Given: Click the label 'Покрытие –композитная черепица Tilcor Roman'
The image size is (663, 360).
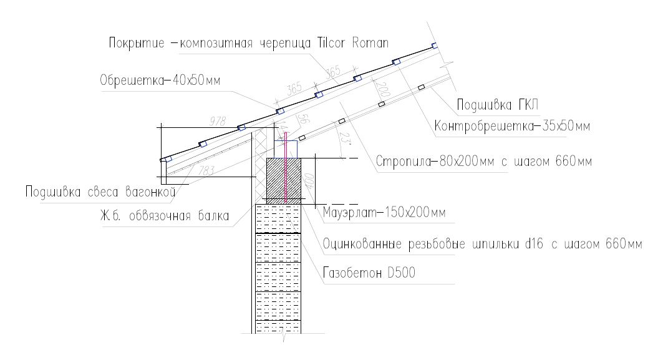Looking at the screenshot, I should click(x=248, y=44).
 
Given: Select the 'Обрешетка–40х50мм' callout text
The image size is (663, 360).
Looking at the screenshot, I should click(x=160, y=80).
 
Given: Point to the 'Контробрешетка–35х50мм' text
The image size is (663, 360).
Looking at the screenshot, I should click(x=511, y=127).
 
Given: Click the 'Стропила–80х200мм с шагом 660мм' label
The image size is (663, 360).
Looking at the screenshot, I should click(x=483, y=162).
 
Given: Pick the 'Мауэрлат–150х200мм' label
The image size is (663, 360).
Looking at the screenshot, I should click(x=384, y=214).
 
